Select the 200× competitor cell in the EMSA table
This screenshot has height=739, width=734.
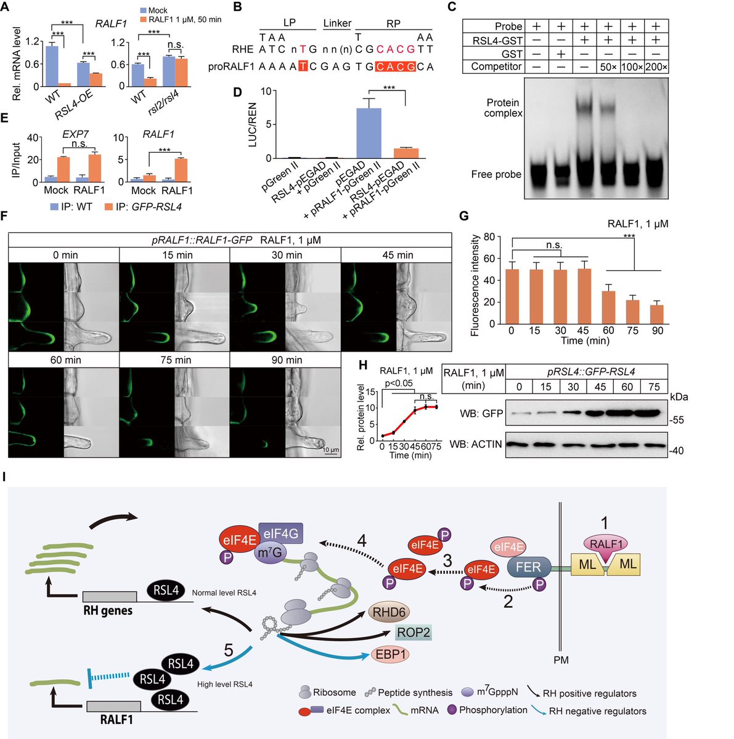click(x=656, y=67)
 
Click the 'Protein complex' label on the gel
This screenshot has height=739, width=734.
click(x=503, y=108)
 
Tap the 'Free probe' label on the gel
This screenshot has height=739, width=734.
click(x=496, y=174)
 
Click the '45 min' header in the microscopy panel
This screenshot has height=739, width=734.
click(x=396, y=255)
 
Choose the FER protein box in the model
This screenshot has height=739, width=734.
click(x=528, y=567)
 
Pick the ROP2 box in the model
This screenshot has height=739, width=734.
click(x=414, y=632)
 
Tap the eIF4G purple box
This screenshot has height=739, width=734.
click(x=281, y=533)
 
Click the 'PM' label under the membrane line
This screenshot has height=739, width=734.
click(x=561, y=660)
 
